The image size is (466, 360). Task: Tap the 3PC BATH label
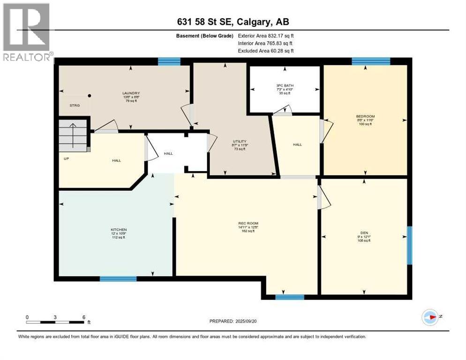click(284, 85)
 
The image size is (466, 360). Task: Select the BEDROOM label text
click(365, 116)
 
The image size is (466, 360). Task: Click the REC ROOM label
click(248, 223)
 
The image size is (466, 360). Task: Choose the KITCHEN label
click(115, 230)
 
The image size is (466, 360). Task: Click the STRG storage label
click(75, 106)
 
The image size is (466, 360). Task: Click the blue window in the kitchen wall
click(118, 279)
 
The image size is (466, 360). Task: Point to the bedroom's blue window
click(371, 61)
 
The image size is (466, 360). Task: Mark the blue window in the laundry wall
click(169, 61)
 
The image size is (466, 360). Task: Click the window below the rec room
click(289, 297)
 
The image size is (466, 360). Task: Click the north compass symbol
click(430, 317)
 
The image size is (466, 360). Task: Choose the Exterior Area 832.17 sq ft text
click(266, 36)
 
